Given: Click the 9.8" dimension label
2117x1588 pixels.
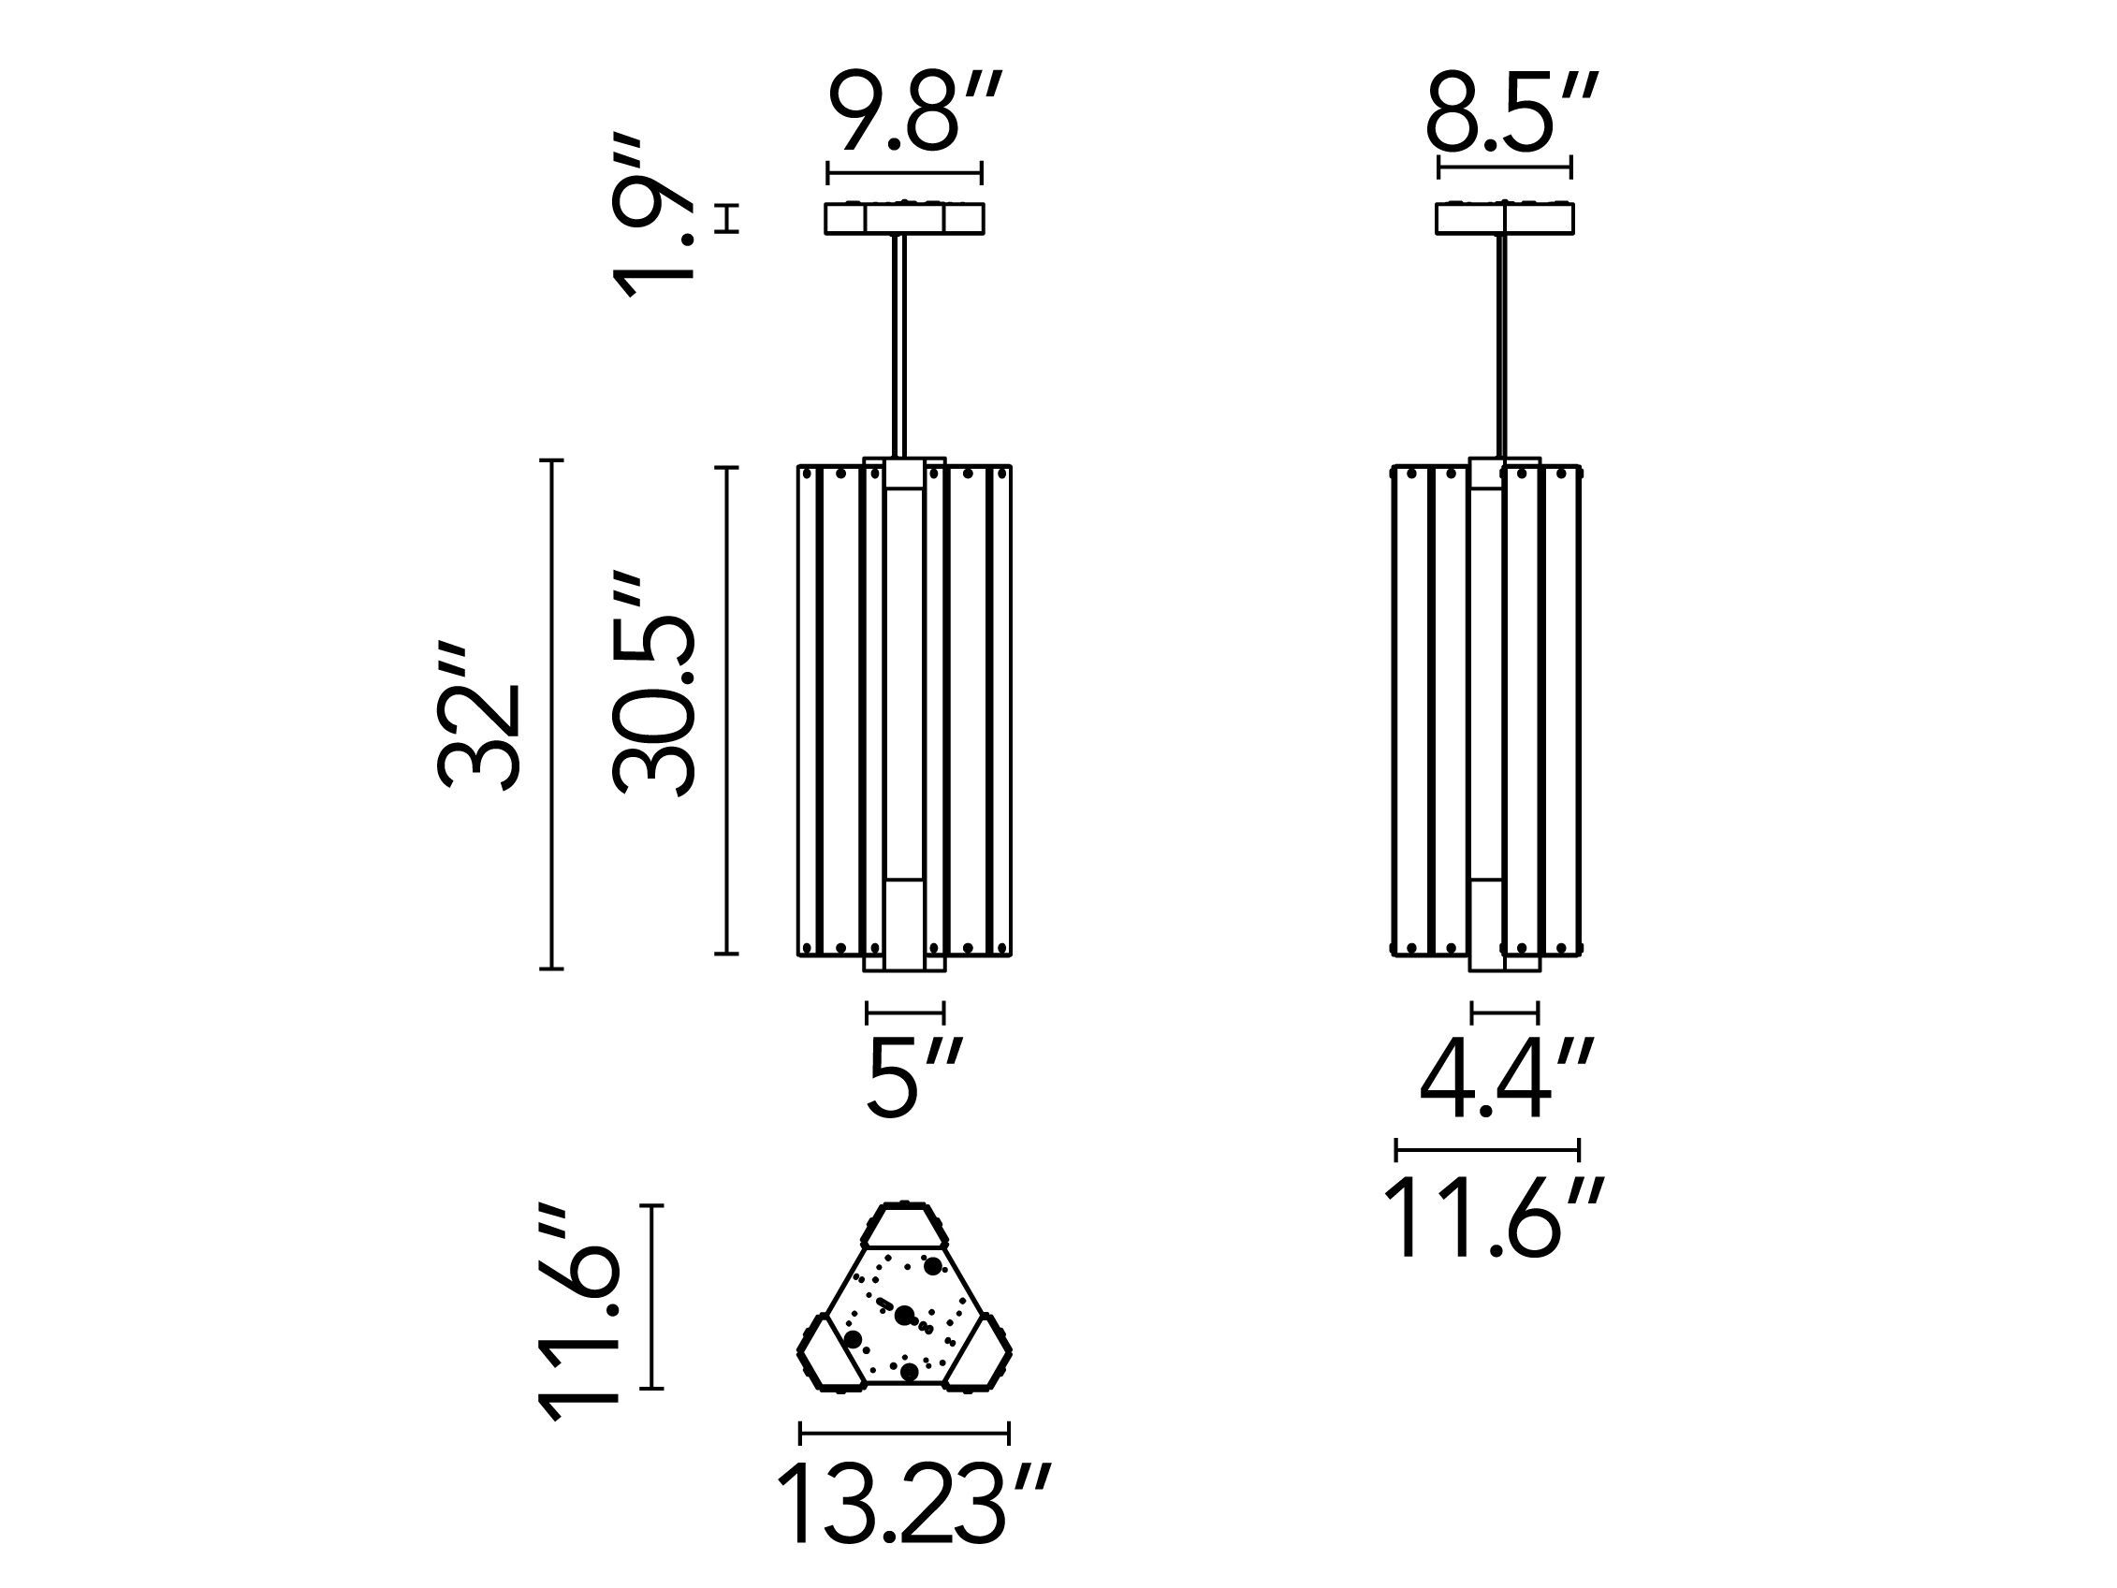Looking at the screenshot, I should [914, 113].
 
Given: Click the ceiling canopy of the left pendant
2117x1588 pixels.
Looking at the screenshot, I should [904, 218].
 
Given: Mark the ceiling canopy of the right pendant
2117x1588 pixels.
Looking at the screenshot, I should [1505, 218].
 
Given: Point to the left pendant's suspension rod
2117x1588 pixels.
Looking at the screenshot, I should [899, 344].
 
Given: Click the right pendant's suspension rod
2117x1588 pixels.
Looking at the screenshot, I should [1501, 344].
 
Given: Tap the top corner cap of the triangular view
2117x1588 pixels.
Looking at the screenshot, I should [903, 1224].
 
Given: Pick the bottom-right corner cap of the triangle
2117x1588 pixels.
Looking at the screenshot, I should [978, 1354].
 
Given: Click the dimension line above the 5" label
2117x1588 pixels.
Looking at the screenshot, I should [905, 1012].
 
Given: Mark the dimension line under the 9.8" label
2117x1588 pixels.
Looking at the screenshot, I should [904, 173].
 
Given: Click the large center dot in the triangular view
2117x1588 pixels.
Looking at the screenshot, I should [903, 1316].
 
